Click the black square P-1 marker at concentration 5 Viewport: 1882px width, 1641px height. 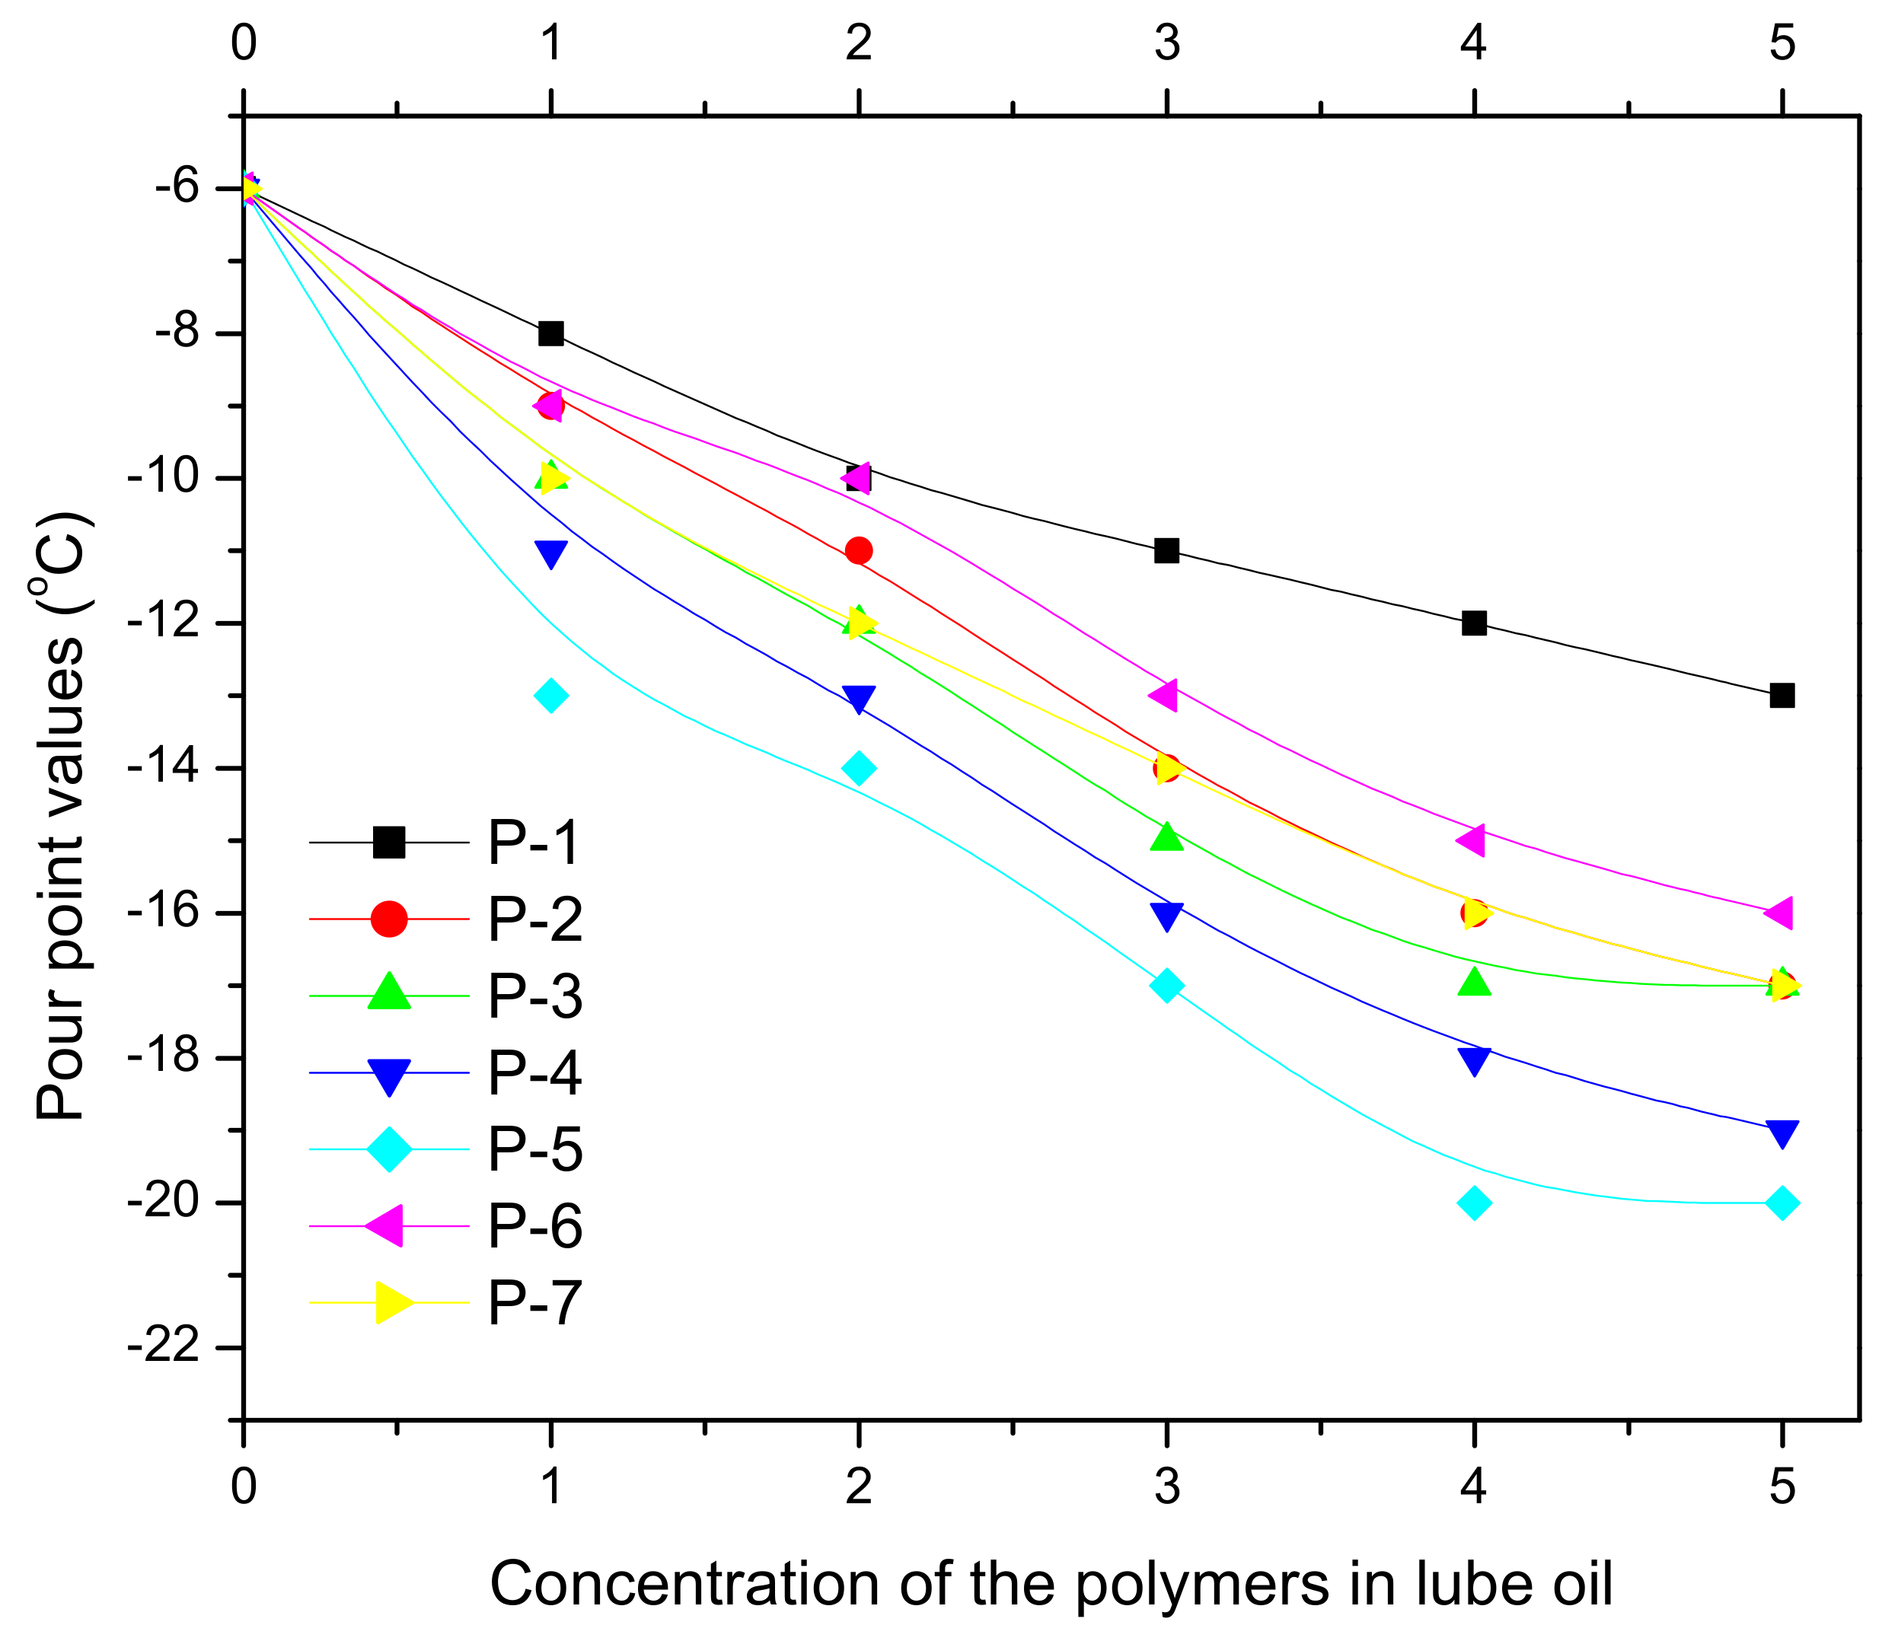point(1782,695)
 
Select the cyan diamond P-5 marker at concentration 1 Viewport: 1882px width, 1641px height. point(550,695)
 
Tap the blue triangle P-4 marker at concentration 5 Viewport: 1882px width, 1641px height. point(1782,1133)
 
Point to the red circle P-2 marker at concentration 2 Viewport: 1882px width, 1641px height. point(858,550)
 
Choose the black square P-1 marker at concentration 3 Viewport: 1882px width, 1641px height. point(1166,550)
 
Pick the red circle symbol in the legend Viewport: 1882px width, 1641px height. point(389,919)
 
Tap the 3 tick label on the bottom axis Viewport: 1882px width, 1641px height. point(1166,1487)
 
